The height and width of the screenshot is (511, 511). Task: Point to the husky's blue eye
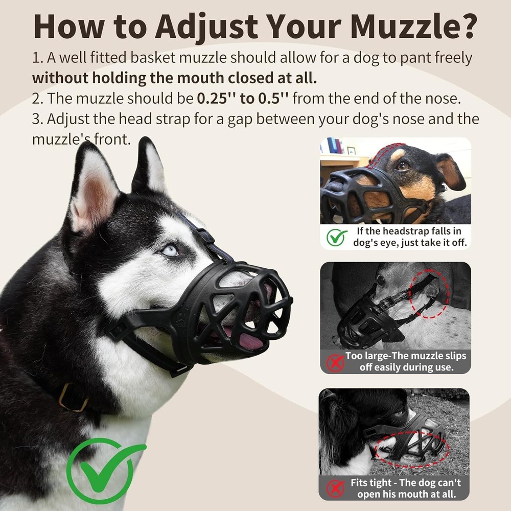point(170,250)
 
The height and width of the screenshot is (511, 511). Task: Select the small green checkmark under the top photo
point(336,237)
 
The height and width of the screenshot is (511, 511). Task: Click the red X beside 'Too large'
point(335,362)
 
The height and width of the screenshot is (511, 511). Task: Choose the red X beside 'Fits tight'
point(335,488)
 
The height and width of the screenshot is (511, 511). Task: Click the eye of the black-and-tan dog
point(403,165)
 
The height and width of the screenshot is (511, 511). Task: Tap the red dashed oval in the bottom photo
point(411,450)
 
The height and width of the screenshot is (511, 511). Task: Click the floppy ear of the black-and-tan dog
point(450,171)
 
